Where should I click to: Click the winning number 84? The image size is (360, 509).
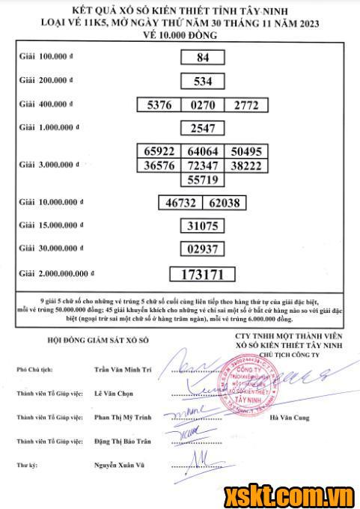[203, 57]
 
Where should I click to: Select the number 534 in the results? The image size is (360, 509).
[203, 81]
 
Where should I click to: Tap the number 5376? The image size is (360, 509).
[159, 106]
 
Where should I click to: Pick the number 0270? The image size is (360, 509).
[203, 106]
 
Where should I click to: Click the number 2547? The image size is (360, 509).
[203, 128]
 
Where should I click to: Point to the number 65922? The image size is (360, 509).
[159, 151]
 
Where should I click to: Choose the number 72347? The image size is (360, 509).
[203, 165]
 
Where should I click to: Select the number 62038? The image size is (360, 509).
[225, 202]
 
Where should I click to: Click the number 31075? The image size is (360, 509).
[203, 225]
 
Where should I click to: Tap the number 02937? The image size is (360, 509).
[203, 249]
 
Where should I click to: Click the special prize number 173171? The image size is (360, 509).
[203, 273]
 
